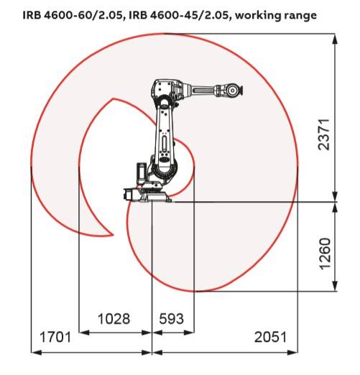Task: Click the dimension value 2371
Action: pos(324,134)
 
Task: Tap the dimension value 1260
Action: pos(326,254)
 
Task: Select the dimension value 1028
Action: pos(114,319)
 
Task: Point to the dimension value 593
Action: pos(172,319)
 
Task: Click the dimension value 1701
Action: pos(55,337)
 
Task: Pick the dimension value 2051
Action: pos(270,337)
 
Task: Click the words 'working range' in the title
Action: pos(276,16)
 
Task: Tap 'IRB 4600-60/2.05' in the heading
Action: pos(73,15)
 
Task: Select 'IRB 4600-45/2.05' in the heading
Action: pos(179,15)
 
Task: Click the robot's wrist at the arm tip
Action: pos(233,91)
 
